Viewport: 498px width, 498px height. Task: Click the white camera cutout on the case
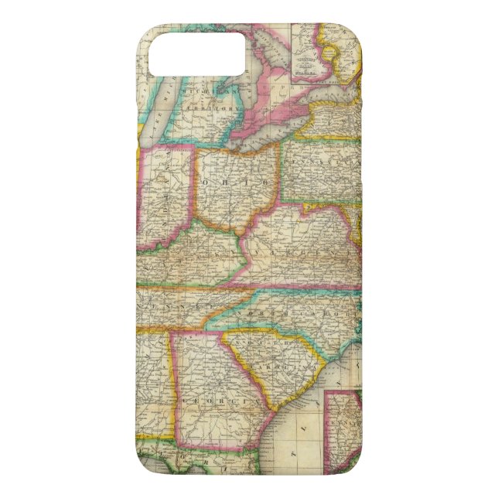click(196, 52)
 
